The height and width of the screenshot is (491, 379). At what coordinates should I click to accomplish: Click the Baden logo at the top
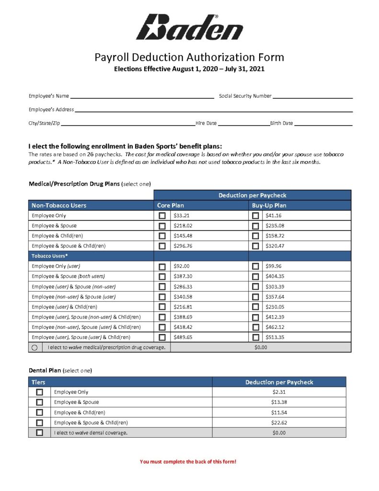point(189,27)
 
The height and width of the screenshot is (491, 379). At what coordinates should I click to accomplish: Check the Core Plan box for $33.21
point(162,216)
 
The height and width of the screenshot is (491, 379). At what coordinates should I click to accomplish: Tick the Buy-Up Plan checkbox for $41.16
point(255,216)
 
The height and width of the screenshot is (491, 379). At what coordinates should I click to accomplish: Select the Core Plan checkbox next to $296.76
point(162,246)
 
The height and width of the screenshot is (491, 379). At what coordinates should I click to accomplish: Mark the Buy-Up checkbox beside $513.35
point(255,338)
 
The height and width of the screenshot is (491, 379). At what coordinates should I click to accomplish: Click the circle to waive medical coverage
point(35,348)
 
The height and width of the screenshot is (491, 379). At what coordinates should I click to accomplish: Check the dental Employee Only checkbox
point(39,392)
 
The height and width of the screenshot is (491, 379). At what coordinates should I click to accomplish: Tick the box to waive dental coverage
point(39,433)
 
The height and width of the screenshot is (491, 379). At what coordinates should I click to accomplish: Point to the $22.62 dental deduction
point(279,422)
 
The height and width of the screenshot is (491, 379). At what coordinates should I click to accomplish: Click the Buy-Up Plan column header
point(269,205)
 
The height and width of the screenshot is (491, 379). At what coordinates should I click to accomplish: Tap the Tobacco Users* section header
point(50,256)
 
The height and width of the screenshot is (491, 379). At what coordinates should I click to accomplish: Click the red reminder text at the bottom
point(188,462)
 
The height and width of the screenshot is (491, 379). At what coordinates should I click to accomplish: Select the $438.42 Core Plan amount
point(183,327)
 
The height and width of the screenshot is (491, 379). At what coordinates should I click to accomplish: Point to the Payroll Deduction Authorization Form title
point(189,58)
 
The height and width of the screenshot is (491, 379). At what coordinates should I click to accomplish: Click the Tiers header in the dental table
point(39,382)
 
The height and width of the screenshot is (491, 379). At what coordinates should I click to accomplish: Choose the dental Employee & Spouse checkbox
point(39,402)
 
